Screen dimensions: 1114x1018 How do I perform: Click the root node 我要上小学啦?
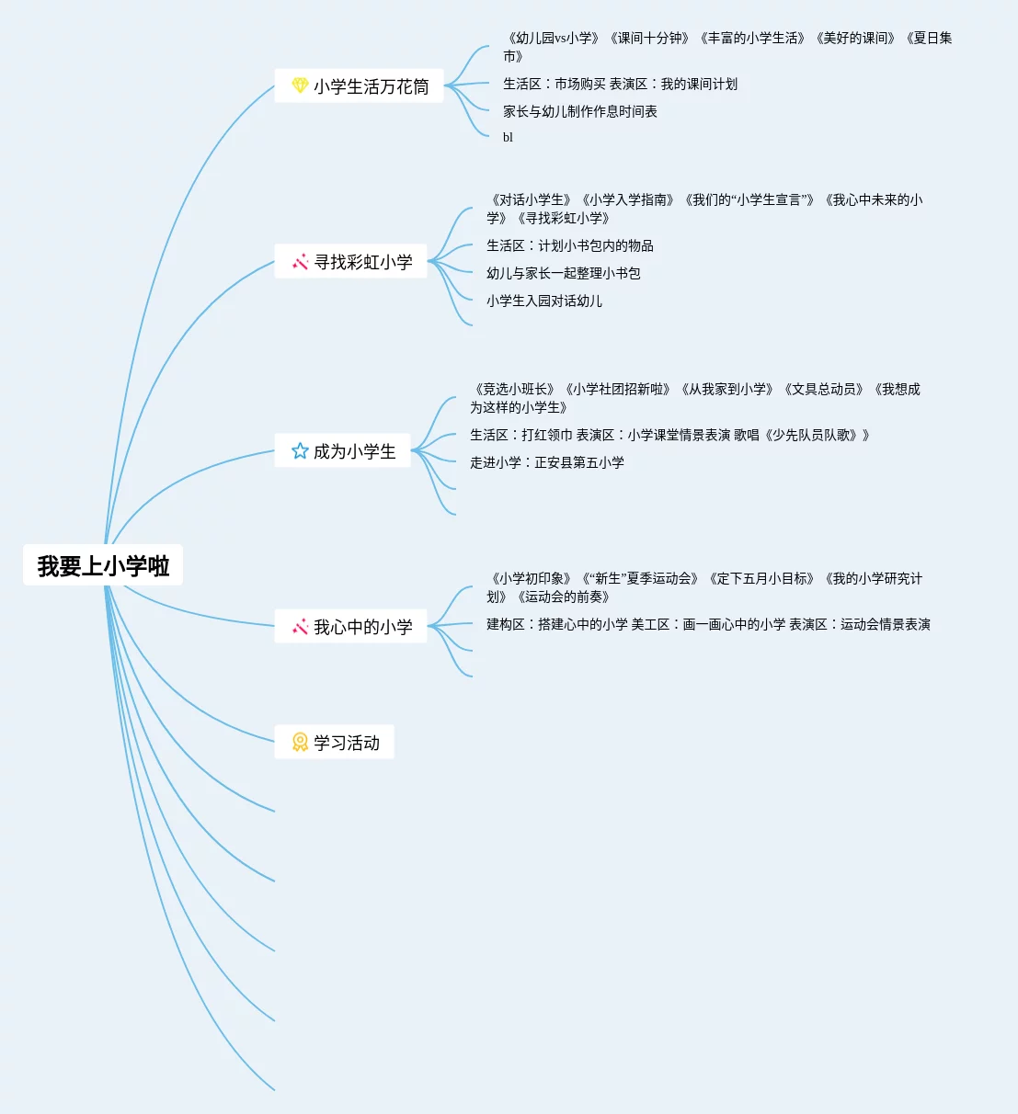[103, 565]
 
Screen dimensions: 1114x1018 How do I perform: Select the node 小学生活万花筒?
[371, 86]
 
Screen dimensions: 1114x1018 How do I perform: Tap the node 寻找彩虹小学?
[363, 262]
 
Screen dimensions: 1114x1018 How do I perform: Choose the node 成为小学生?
[354, 451]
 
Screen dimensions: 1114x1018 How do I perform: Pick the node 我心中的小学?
[362, 627]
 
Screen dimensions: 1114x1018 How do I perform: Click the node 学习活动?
[346, 743]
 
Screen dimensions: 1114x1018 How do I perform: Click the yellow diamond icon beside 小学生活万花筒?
[300, 85]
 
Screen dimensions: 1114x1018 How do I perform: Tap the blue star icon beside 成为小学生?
[300, 451]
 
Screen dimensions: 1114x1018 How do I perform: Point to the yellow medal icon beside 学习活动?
[300, 742]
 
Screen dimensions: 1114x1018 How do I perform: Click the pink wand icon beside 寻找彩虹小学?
[300, 262]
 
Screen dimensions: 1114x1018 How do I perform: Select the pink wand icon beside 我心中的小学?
[300, 627]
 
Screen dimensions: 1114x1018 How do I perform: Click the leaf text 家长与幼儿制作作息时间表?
[579, 111]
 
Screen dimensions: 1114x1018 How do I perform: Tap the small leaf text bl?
[508, 138]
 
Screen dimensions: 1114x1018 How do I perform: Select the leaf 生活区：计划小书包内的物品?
[569, 245]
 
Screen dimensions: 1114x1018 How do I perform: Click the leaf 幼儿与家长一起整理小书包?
[563, 273]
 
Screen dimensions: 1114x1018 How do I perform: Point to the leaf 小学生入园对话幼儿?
[543, 301]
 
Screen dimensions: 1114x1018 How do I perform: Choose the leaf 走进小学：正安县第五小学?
[546, 462]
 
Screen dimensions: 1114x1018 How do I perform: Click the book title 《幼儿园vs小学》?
[554, 39]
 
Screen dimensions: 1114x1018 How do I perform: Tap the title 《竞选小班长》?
[515, 390]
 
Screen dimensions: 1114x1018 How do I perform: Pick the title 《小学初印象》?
[532, 579]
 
